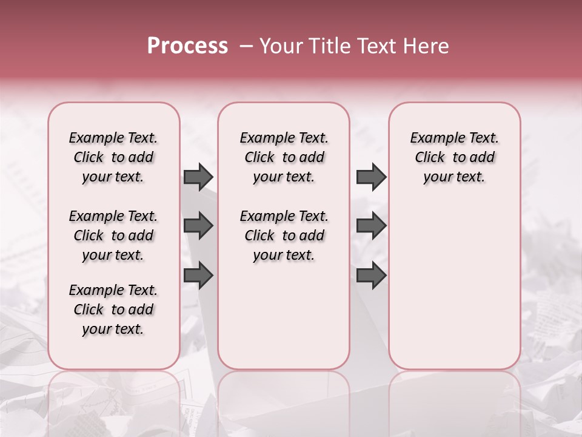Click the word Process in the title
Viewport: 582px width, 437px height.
187,46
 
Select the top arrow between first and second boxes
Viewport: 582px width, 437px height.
198,177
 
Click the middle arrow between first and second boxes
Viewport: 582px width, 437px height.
198,226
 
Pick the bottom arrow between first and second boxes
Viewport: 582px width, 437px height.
198,275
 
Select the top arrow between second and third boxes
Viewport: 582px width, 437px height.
371,177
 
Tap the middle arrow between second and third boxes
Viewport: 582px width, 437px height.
371,226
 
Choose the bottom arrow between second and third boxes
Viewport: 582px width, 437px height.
371,275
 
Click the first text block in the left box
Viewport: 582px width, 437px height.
113,157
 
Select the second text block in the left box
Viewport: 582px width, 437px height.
113,235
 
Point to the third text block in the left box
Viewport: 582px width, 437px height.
113,310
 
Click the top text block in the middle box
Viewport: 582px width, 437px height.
284,157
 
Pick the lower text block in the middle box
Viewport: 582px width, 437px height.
284,235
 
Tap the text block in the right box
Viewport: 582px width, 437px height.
454,157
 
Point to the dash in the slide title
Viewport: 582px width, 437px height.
246,46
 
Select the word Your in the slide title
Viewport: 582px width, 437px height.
278,46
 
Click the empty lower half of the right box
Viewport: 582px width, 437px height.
454,291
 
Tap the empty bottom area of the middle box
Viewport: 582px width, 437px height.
284,322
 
